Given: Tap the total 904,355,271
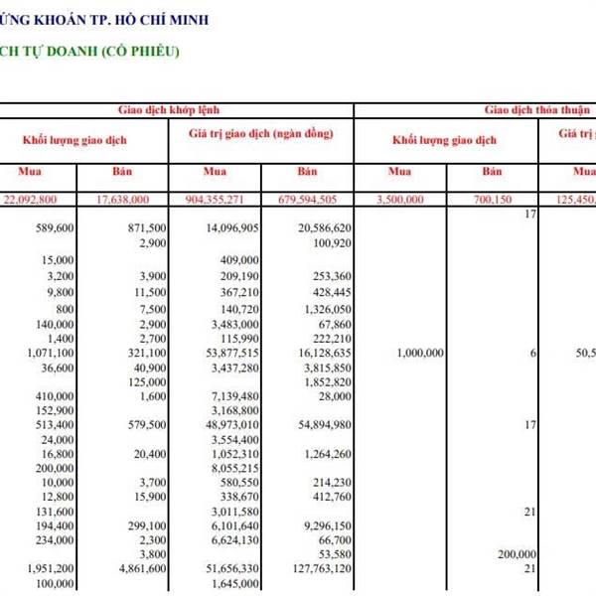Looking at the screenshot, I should click(x=229, y=199).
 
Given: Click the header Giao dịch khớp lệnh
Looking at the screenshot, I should click(x=176, y=110).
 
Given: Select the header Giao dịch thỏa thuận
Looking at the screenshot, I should click(x=537, y=110).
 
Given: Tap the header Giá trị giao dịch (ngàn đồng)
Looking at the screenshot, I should click(x=259, y=133).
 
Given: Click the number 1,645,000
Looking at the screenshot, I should click(x=235, y=585).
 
